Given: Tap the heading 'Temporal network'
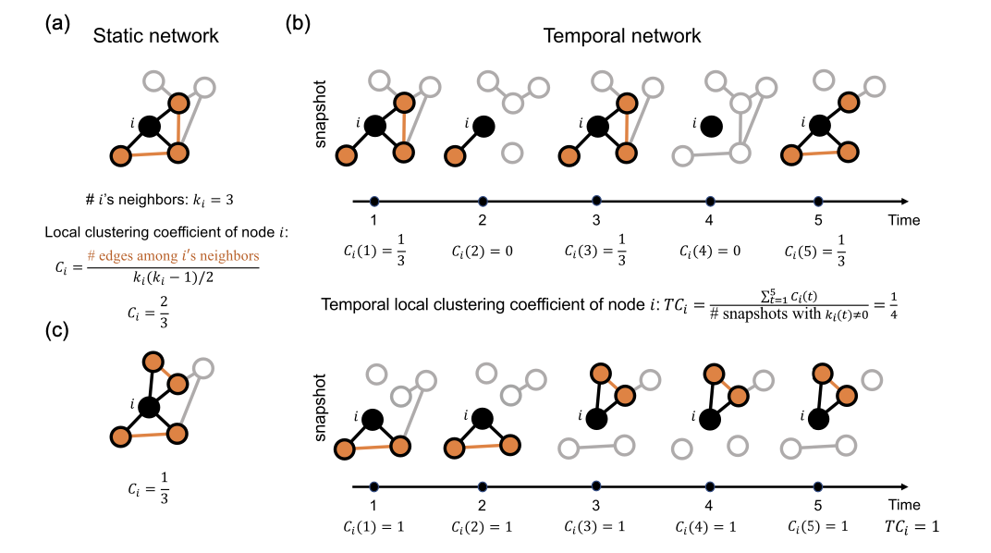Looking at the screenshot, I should tap(622, 37).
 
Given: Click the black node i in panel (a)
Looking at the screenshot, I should tap(150, 125).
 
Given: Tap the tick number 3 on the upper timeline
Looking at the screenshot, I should tap(596, 221).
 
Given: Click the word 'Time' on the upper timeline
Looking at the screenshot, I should tap(904, 220).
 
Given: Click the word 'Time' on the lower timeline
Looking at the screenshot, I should tap(904, 506).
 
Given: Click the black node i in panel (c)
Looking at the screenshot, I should tap(150, 405).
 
